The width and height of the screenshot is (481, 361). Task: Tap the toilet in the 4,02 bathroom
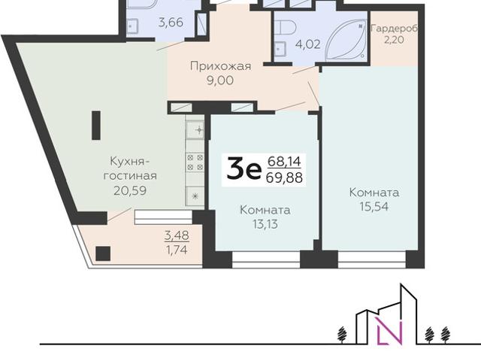click(283, 29)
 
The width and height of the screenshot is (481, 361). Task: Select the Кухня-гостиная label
click(132, 169)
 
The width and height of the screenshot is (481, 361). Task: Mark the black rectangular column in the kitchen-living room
click(95, 126)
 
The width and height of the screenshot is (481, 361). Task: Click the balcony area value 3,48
click(177, 234)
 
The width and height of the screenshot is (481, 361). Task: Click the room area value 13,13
click(265, 223)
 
